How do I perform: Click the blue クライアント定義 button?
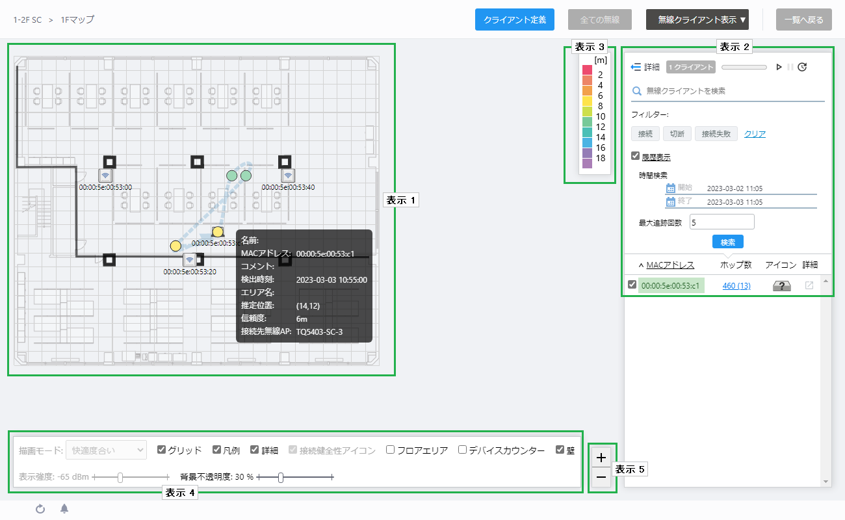click(515, 19)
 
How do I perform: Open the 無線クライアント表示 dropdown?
click(697, 19)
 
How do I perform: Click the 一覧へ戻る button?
click(803, 19)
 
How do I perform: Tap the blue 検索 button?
click(728, 242)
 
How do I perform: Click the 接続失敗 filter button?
click(716, 134)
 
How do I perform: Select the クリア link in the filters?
click(755, 134)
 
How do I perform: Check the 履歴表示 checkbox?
click(635, 156)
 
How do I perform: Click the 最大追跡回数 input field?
click(721, 222)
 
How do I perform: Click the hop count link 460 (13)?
click(736, 285)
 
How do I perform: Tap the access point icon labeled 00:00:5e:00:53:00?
click(105, 175)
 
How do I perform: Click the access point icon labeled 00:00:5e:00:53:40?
click(288, 175)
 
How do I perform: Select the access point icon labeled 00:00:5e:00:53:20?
click(189, 260)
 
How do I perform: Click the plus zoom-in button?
click(601, 458)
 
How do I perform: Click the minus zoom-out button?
click(601, 478)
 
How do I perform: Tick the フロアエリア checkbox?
click(391, 449)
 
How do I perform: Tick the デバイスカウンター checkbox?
click(462, 449)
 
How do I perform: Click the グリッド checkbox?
click(161, 449)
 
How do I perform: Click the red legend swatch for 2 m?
click(587, 70)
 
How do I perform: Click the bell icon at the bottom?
click(64, 509)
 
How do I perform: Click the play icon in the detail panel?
click(779, 67)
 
